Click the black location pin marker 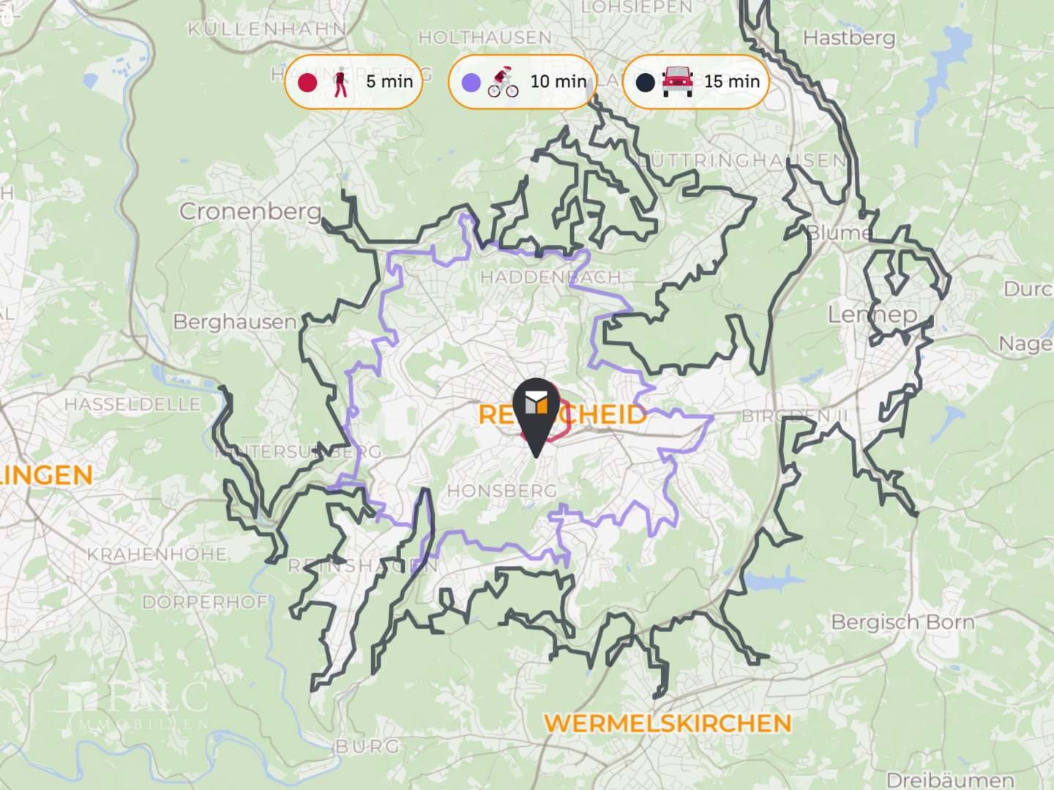point(536,414)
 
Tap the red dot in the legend point(307,83)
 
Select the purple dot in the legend point(471,83)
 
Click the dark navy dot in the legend point(645,83)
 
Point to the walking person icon point(340,82)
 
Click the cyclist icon point(504,82)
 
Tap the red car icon point(678,82)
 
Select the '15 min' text point(732,82)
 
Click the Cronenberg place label point(250,211)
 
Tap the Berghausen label point(235,322)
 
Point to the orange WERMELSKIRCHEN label point(668,723)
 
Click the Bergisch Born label point(902,622)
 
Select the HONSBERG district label point(502,491)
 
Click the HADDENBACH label point(550,277)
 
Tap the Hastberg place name point(849,37)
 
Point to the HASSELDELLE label point(132,405)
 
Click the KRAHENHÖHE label point(157,554)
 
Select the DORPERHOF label point(205,603)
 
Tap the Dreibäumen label point(950,780)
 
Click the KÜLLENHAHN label point(267,29)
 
